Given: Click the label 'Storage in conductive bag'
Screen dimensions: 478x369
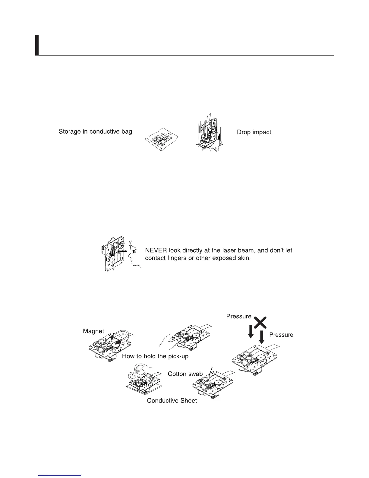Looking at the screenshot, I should click(x=95, y=132).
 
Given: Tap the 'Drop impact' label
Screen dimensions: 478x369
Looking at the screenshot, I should click(x=254, y=132).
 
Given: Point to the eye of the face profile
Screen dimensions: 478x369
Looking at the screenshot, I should click(x=134, y=251).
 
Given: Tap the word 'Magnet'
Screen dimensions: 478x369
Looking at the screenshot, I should click(x=93, y=331).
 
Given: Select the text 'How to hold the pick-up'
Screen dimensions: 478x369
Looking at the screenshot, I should click(x=155, y=356).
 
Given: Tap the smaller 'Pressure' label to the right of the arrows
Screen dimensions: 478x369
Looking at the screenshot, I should click(x=281, y=335).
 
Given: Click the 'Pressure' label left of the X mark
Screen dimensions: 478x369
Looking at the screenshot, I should click(x=239, y=316).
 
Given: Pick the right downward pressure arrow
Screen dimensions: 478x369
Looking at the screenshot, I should click(x=262, y=337).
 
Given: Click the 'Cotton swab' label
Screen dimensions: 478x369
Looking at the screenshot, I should click(x=185, y=374).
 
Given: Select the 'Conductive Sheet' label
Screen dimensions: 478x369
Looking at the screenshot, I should click(x=172, y=401).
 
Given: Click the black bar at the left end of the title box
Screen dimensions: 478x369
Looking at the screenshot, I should click(x=37, y=45).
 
